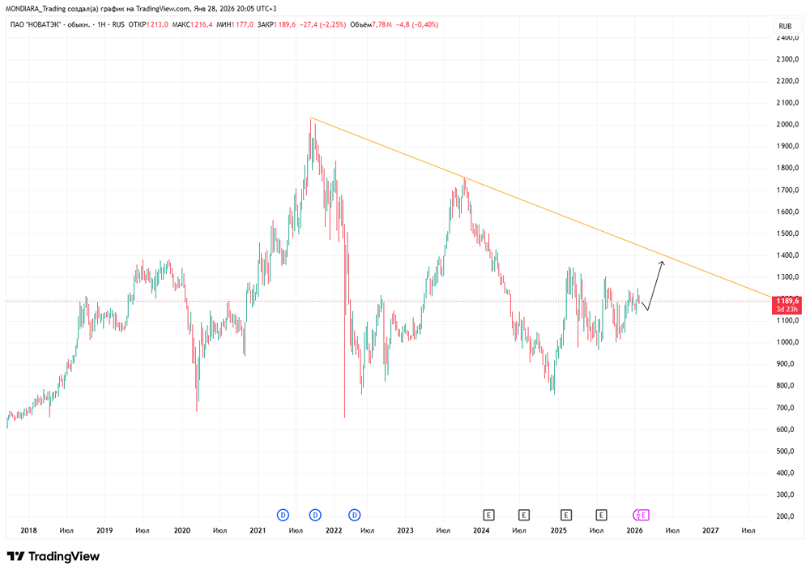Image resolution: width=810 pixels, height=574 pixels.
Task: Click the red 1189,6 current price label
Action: tap(786, 300)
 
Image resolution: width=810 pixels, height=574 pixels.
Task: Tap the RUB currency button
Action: tap(784, 26)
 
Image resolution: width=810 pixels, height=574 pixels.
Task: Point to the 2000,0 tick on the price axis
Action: tap(787, 125)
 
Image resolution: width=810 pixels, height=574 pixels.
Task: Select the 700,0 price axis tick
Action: tap(786, 407)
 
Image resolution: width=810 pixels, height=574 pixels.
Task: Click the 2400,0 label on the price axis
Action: tap(787, 38)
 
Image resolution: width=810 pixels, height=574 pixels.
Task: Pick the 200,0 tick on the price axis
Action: tap(786, 516)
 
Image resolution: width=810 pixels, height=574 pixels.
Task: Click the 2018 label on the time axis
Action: tap(28, 531)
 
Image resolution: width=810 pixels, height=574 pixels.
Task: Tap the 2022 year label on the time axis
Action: tap(333, 531)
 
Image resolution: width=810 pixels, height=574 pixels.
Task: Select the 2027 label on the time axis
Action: tap(710, 531)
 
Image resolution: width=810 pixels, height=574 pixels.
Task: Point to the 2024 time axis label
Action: tap(481, 531)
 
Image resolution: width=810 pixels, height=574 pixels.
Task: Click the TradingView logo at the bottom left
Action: tap(53, 557)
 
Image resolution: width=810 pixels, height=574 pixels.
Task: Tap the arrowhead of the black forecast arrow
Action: tap(663, 262)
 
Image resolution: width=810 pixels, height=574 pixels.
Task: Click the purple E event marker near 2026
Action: tap(645, 514)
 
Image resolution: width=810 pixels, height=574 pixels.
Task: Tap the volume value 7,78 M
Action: tap(382, 26)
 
